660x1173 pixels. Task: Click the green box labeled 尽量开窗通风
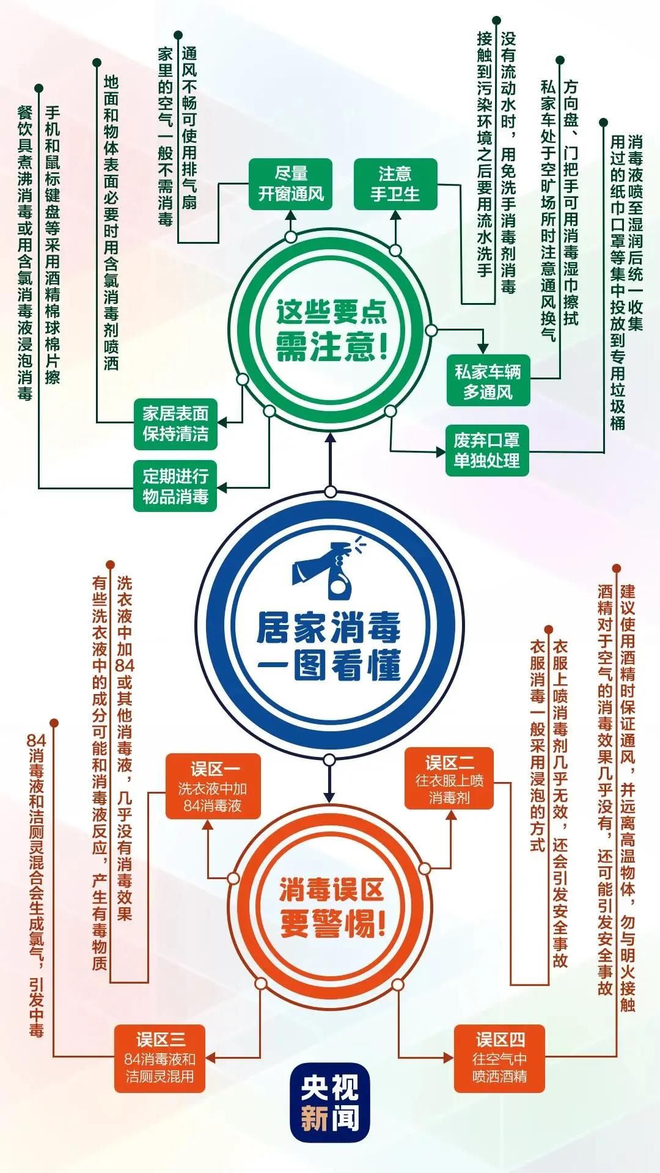coord(290,184)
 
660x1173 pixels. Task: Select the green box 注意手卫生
coord(395,184)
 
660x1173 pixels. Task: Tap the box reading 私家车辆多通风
coord(488,381)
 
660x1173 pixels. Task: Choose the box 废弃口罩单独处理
coord(486,450)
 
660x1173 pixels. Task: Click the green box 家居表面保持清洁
coord(175,423)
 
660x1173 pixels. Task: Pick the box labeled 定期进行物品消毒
coord(175,486)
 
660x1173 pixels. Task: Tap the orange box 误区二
coord(449,778)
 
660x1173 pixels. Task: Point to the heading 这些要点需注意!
coord(332,331)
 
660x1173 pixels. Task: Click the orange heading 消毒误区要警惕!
coord(332,908)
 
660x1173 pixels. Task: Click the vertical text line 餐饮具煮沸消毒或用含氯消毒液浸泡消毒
coord(24,252)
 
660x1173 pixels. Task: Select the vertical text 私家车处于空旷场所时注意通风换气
coord(548,210)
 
